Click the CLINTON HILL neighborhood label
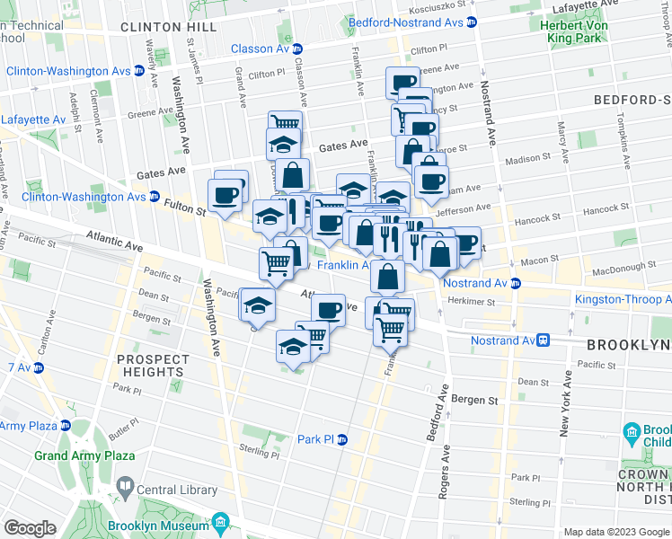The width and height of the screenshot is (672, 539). pyautogui.click(x=167, y=28)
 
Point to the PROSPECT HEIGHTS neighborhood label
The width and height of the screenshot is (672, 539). pyautogui.click(x=153, y=366)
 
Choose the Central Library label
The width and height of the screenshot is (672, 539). pyautogui.click(x=176, y=490)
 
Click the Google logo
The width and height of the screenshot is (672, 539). pyautogui.click(x=31, y=528)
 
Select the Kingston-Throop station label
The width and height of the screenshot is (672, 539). pyautogui.click(x=623, y=299)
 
